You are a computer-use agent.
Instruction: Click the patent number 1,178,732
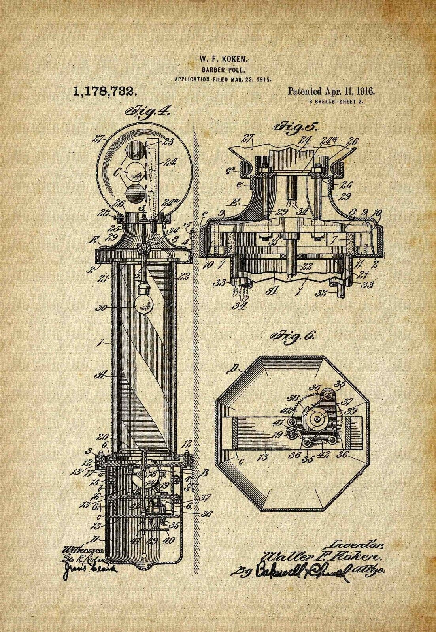point(105,92)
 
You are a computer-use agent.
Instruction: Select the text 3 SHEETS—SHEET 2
point(336,102)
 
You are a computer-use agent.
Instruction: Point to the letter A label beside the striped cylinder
point(101,376)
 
